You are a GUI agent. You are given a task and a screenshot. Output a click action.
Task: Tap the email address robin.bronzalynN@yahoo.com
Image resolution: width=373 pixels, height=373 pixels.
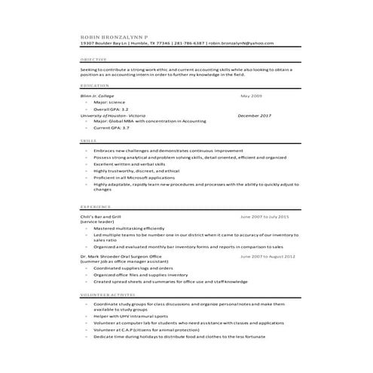point(240,43)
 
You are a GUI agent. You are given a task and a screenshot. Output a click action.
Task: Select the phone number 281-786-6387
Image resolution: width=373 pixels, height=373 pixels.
point(188,43)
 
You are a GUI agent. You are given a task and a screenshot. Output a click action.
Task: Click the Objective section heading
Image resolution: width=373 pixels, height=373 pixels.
point(93,59)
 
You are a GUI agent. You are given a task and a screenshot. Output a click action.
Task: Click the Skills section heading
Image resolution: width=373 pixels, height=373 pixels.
point(88,141)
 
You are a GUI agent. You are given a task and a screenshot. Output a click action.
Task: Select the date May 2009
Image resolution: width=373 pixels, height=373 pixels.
point(251,96)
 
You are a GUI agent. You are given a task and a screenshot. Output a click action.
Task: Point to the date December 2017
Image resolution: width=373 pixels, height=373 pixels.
point(254,115)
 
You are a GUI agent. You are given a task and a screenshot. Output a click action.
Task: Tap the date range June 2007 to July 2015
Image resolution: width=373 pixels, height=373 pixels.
point(264,216)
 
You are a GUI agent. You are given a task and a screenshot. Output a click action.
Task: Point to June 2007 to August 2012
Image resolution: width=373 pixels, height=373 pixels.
point(267,255)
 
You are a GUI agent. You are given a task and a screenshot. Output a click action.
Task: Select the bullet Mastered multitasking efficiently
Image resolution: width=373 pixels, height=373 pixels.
point(129,228)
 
